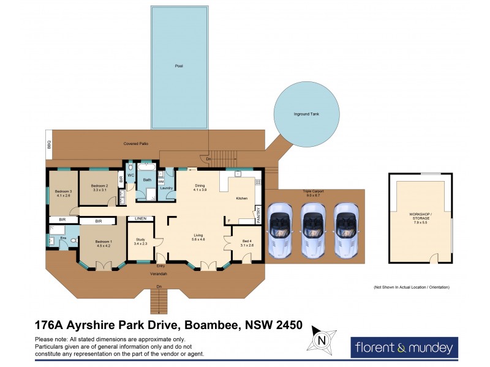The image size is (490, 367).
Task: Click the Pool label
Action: click(179, 65)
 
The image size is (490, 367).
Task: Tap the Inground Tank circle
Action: click(306, 115)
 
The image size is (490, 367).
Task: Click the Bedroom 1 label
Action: click(104, 243)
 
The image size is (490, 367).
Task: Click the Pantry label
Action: click(258, 212)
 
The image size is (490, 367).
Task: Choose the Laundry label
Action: click(167, 188)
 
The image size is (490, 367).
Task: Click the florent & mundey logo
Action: click(404, 348)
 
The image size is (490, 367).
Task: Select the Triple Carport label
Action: click(313, 193)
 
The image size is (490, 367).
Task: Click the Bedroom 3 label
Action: click(64, 193)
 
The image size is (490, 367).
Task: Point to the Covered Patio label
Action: click(135, 144)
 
